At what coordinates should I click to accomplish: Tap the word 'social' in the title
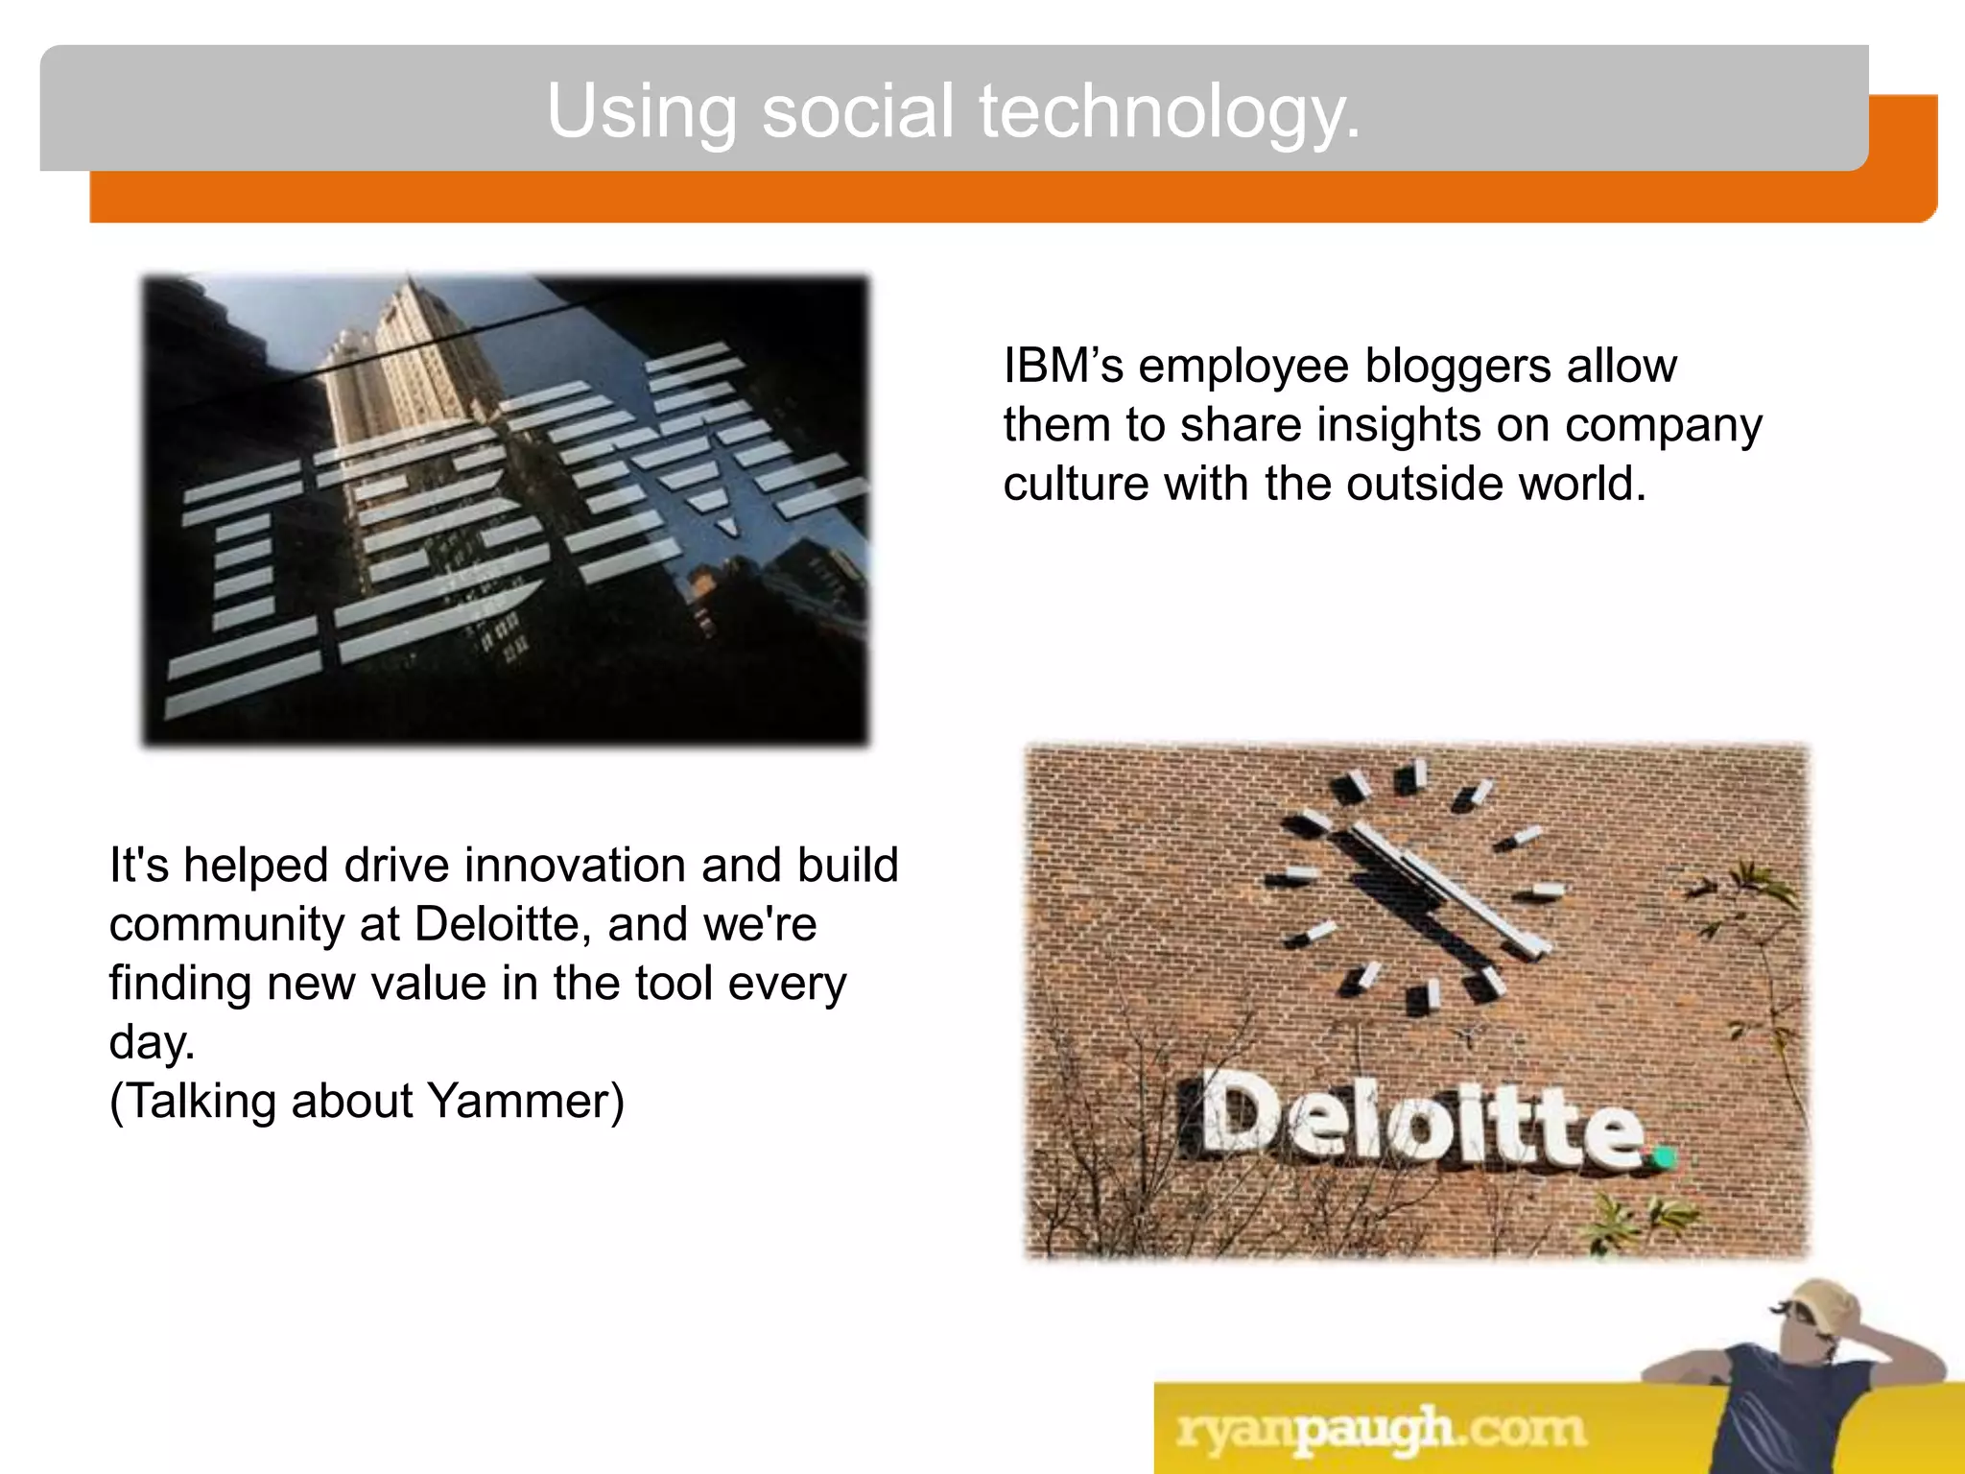(858, 111)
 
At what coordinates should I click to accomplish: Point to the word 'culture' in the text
(1075, 484)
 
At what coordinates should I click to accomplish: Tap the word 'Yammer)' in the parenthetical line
(526, 1102)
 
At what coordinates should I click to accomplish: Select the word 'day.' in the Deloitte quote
(152, 1042)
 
